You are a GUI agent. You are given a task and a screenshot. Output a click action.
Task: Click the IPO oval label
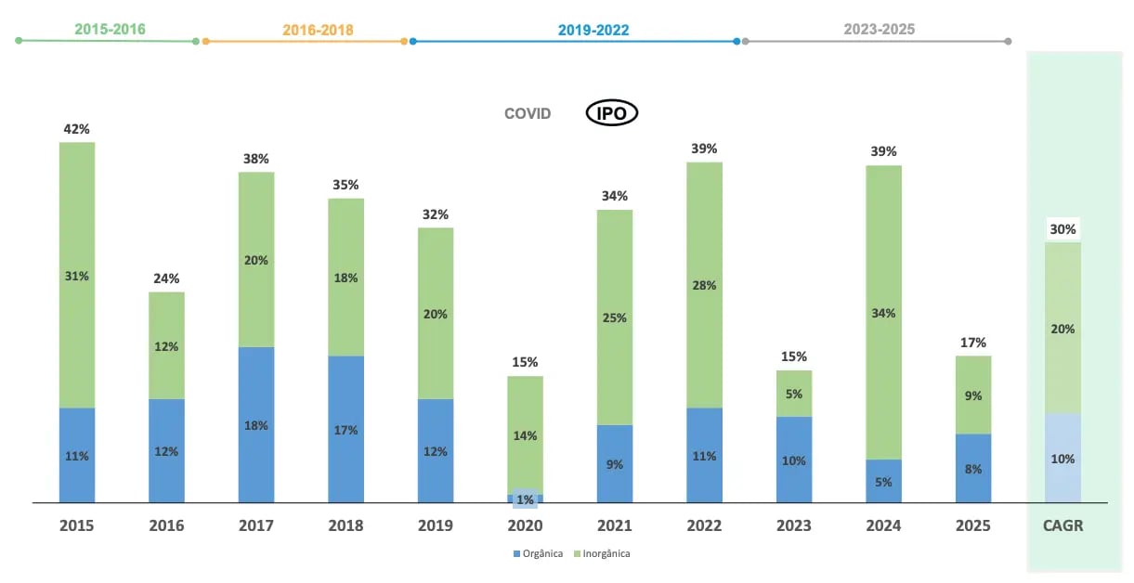pyautogui.click(x=611, y=113)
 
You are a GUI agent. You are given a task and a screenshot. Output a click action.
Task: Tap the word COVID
pyautogui.click(x=528, y=113)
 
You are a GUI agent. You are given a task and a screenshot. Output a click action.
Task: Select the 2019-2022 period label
pyautogui.click(x=593, y=30)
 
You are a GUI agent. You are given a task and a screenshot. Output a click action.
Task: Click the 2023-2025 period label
pyautogui.click(x=880, y=29)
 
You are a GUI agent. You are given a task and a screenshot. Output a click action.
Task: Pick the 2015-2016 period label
pyautogui.click(x=110, y=29)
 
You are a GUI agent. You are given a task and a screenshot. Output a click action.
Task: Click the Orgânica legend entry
pyautogui.click(x=538, y=553)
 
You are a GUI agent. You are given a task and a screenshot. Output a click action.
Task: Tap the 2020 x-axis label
pyautogui.click(x=526, y=525)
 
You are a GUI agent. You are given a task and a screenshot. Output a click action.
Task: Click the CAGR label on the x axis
pyautogui.click(x=1062, y=525)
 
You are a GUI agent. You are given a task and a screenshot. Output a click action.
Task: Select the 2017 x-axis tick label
pyautogui.click(x=256, y=525)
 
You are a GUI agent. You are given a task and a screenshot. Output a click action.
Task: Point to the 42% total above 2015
pyautogui.click(x=77, y=129)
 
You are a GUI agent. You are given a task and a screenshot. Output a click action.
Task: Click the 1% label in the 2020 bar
pyautogui.click(x=526, y=499)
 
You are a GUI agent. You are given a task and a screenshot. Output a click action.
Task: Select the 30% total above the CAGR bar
pyautogui.click(x=1062, y=229)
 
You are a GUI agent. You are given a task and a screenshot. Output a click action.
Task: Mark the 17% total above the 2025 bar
pyautogui.click(x=973, y=343)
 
